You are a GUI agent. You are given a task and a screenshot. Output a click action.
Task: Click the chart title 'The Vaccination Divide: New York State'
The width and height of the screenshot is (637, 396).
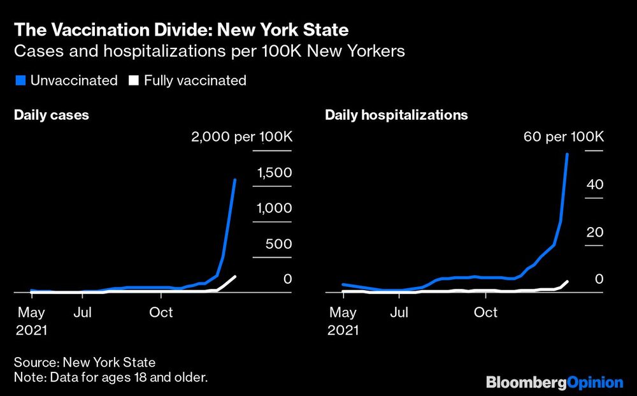pos(181,30)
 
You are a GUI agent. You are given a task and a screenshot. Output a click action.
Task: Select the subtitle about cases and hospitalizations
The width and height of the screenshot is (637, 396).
pos(209,52)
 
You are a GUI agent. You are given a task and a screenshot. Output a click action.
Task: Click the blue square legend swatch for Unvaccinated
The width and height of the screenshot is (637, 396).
pos(18,80)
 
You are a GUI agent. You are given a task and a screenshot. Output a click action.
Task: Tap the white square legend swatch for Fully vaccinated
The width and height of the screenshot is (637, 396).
pos(133,80)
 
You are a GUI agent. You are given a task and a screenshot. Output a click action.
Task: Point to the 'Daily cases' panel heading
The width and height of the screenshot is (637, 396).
pos(52,115)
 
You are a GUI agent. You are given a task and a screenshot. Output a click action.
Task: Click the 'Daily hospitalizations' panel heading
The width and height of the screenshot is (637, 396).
pos(396,115)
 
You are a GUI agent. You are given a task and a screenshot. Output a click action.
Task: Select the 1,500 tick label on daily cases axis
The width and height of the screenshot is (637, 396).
pos(275,173)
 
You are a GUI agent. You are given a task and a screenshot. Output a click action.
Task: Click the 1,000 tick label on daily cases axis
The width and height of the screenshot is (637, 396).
pos(275,209)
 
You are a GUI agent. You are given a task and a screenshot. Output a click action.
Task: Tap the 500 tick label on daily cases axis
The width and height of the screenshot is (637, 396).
pos(279,244)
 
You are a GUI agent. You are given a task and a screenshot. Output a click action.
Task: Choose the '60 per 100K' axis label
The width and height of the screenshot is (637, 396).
pos(563,137)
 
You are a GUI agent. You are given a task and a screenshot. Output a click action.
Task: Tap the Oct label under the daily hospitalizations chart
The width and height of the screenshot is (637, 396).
pos(486,312)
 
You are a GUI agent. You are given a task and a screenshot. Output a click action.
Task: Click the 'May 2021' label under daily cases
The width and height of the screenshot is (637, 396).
pos(31,321)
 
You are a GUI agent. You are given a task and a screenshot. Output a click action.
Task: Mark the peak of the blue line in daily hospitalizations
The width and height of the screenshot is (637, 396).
pos(567,154)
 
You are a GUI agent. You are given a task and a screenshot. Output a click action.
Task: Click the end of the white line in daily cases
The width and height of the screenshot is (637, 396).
pos(235,276)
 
